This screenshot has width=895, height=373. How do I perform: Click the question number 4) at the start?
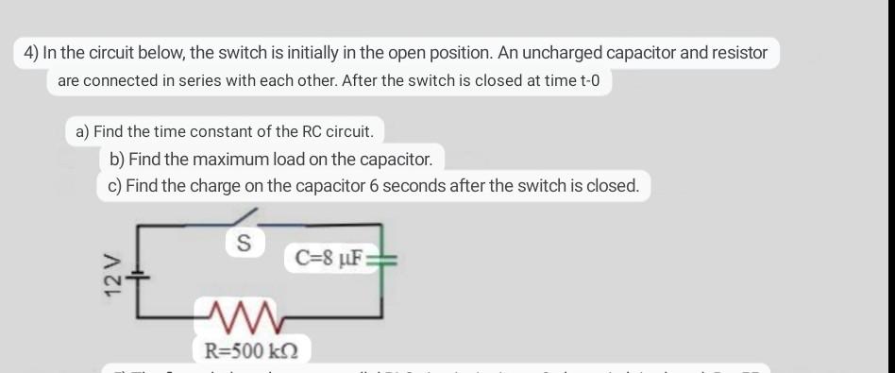click(33, 53)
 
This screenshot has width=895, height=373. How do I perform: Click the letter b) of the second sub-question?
click(117, 159)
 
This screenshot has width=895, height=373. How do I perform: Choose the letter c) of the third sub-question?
click(114, 186)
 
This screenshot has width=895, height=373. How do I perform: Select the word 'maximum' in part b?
click(237, 159)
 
